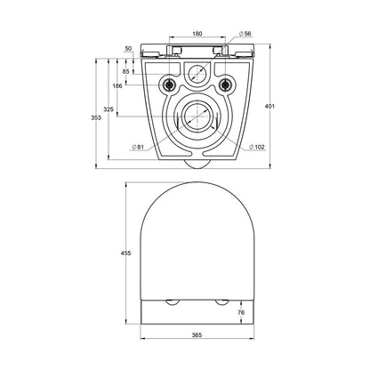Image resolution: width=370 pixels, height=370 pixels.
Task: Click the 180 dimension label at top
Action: tap(197, 34)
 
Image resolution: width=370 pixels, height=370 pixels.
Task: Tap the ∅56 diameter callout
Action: tap(245, 34)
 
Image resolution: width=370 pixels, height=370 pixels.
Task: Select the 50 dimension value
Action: tap(128, 49)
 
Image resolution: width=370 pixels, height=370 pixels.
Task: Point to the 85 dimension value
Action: tap(126, 71)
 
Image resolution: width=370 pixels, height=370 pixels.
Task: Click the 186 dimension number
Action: tap(117, 86)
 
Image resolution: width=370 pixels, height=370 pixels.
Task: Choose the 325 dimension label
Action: tap(109, 109)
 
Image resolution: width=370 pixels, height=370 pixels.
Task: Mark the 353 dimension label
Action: tap(96, 117)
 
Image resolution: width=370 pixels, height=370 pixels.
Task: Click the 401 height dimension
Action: tap(269, 106)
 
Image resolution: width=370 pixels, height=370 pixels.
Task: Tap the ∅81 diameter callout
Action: tap(138, 147)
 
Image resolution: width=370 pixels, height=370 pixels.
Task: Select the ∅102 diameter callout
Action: tap(257, 147)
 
